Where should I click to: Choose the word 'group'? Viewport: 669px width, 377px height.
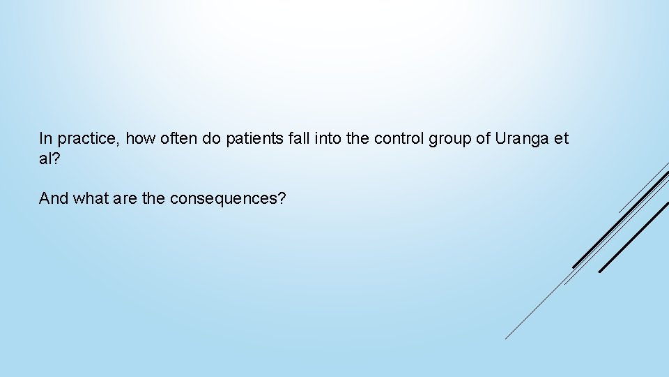[x=451, y=139]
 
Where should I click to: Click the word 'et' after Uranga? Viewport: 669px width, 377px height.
[x=562, y=138]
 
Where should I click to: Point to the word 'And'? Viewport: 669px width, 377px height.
[x=53, y=198]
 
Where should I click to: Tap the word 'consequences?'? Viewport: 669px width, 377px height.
[x=228, y=198]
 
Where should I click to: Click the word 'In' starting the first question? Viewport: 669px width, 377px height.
[x=45, y=138]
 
